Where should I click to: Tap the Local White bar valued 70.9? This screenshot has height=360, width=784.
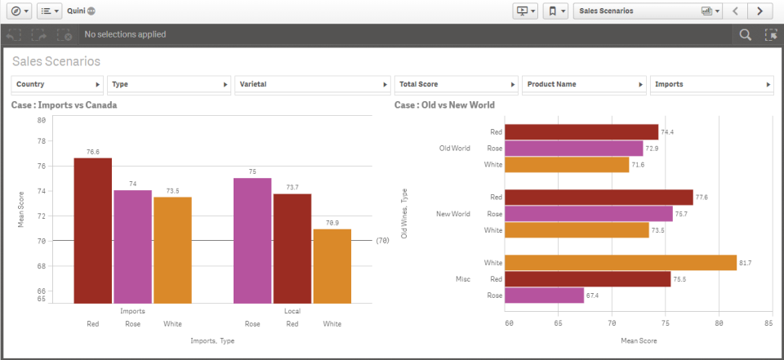(x=332, y=266)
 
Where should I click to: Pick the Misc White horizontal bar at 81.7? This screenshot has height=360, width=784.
(x=621, y=263)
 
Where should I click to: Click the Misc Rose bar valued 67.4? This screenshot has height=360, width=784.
(x=544, y=296)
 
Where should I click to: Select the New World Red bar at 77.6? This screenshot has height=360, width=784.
(x=599, y=198)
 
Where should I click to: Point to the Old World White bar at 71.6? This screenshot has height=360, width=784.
(x=567, y=165)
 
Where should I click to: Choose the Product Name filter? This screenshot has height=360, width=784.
(x=584, y=84)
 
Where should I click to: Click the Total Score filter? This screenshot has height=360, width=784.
(x=457, y=84)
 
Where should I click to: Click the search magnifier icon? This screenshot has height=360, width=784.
(x=745, y=34)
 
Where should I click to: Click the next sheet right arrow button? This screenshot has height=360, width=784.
(x=760, y=11)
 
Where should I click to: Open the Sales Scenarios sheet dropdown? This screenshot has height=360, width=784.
(x=649, y=11)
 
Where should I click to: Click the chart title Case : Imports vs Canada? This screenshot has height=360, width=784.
(x=64, y=105)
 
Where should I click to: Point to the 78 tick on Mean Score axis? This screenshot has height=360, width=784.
(x=41, y=141)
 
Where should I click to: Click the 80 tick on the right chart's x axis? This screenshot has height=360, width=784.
(x=719, y=324)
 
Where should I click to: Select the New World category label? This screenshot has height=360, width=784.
(x=453, y=214)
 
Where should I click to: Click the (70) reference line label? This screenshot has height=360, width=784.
(x=382, y=241)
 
